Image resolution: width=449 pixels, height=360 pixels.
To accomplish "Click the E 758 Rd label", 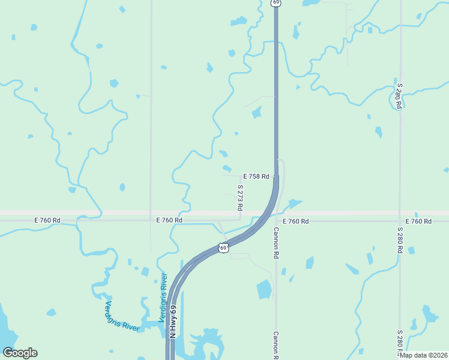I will click(x=256, y=177).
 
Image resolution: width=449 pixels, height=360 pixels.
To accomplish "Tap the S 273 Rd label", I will click(x=240, y=197).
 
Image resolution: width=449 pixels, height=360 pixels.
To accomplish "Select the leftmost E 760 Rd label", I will click(x=47, y=221).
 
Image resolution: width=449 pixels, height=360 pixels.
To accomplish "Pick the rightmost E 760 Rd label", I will click(x=418, y=221).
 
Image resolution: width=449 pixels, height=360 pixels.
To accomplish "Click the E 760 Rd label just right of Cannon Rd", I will click(x=295, y=221).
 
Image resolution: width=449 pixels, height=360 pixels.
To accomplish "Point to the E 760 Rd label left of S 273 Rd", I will click(x=169, y=221).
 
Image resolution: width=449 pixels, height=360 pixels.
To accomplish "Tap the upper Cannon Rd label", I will click(x=277, y=243).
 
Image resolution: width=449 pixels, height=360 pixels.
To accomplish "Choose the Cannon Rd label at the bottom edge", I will click(x=277, y=345).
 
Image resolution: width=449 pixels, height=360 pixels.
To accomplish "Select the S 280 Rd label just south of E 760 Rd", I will click(x=400, y=240).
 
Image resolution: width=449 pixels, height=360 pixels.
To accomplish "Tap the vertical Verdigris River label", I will click(x=162, y=298).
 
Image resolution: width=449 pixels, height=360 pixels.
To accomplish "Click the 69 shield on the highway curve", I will click(x=223, y=247).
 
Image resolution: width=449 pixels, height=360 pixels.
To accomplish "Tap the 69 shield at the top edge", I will click(x=276, y=3).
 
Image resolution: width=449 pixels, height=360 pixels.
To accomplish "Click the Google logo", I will click(x=20, y=353).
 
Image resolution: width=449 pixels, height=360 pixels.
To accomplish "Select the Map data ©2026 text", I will click(x=423, y=355).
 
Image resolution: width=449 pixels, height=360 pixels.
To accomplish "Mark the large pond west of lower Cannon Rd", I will click(x=264, y=289).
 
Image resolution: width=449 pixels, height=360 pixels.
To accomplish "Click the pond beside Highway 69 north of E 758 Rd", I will click(x=257, y=112).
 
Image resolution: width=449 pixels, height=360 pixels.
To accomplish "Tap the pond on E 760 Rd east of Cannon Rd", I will click(x=294, y=203).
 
